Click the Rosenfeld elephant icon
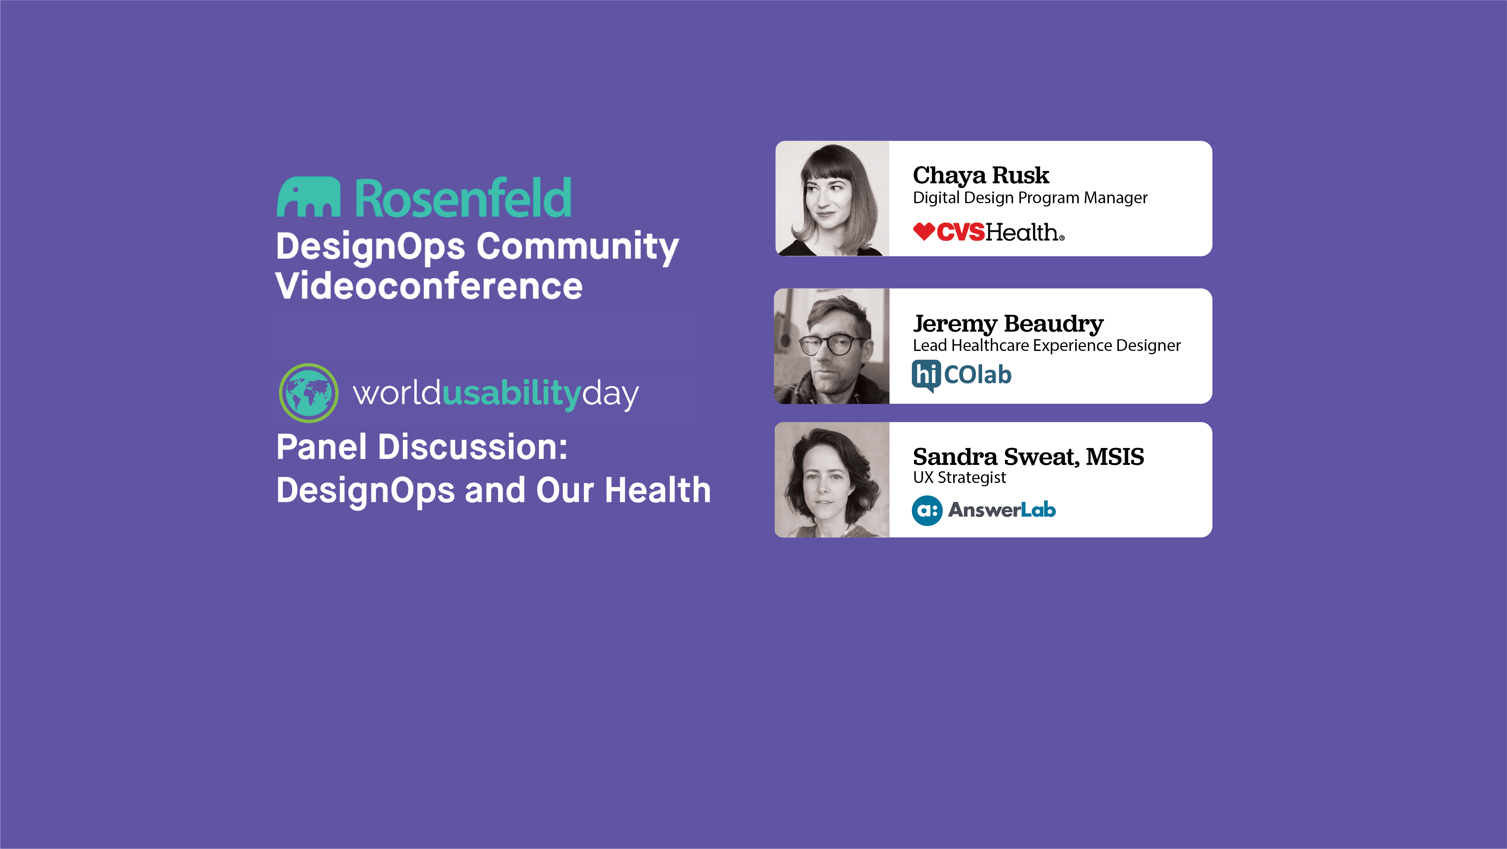[x=308, y=197]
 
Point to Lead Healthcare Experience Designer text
[x=1047, y=345]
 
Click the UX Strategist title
[x=959, y=478]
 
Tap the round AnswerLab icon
[x=927, y=510]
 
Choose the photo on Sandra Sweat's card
[x=832, y=480]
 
